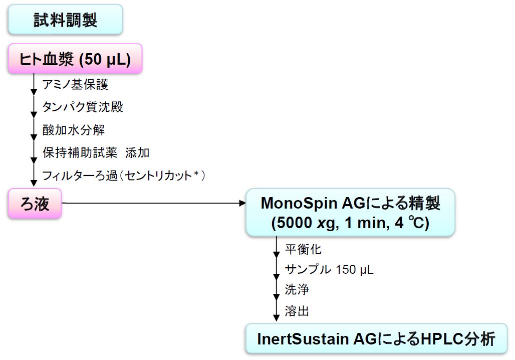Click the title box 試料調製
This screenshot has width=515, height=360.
pos(65,20)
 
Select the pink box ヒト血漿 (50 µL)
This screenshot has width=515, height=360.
pos(75,59)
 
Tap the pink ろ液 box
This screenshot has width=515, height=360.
pos(35,204)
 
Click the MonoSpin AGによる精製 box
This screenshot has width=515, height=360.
pos(350,212)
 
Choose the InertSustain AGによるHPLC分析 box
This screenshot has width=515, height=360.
pos(376,339)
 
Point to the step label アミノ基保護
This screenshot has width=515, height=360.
pos(75,84)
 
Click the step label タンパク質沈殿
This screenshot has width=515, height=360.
pos(83,107)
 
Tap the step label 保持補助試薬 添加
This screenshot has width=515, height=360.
pos(96,152)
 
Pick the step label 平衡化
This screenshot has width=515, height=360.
pos(303,249)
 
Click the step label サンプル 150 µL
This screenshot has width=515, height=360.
pos(329,269)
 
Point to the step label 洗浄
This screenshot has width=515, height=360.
pos(297,290)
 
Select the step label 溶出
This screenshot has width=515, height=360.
pos(297,311)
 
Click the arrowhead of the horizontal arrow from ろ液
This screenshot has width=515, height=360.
pos(242,204)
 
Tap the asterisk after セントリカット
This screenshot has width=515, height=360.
pos(196,174)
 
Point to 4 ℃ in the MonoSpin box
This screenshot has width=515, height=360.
pos(407,223)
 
